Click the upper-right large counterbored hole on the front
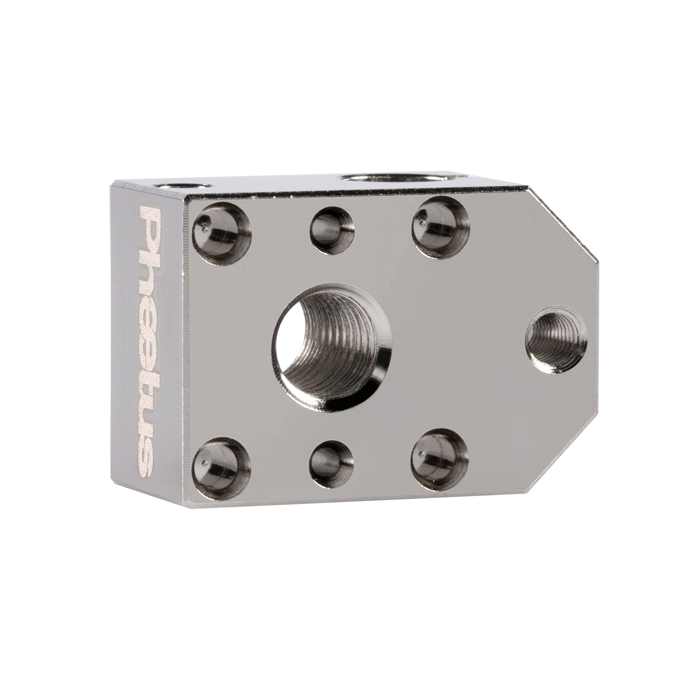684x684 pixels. tap(441, 227)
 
